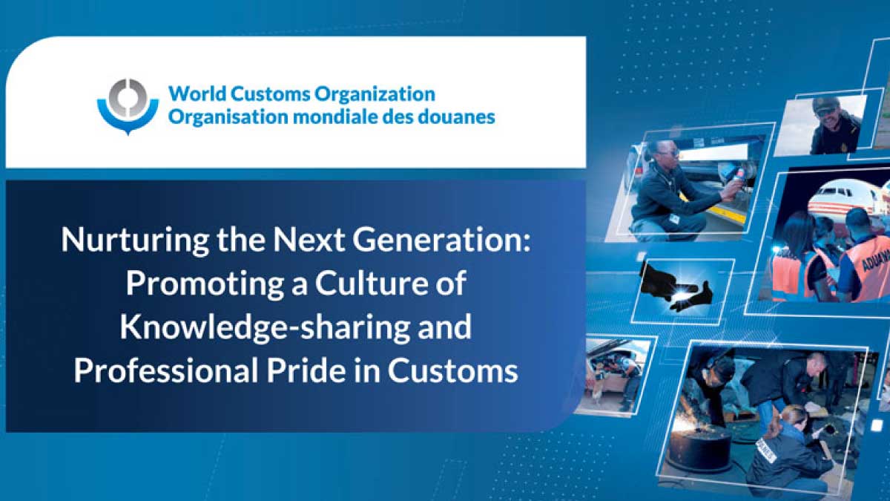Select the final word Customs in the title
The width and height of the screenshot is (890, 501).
(453, 370)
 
